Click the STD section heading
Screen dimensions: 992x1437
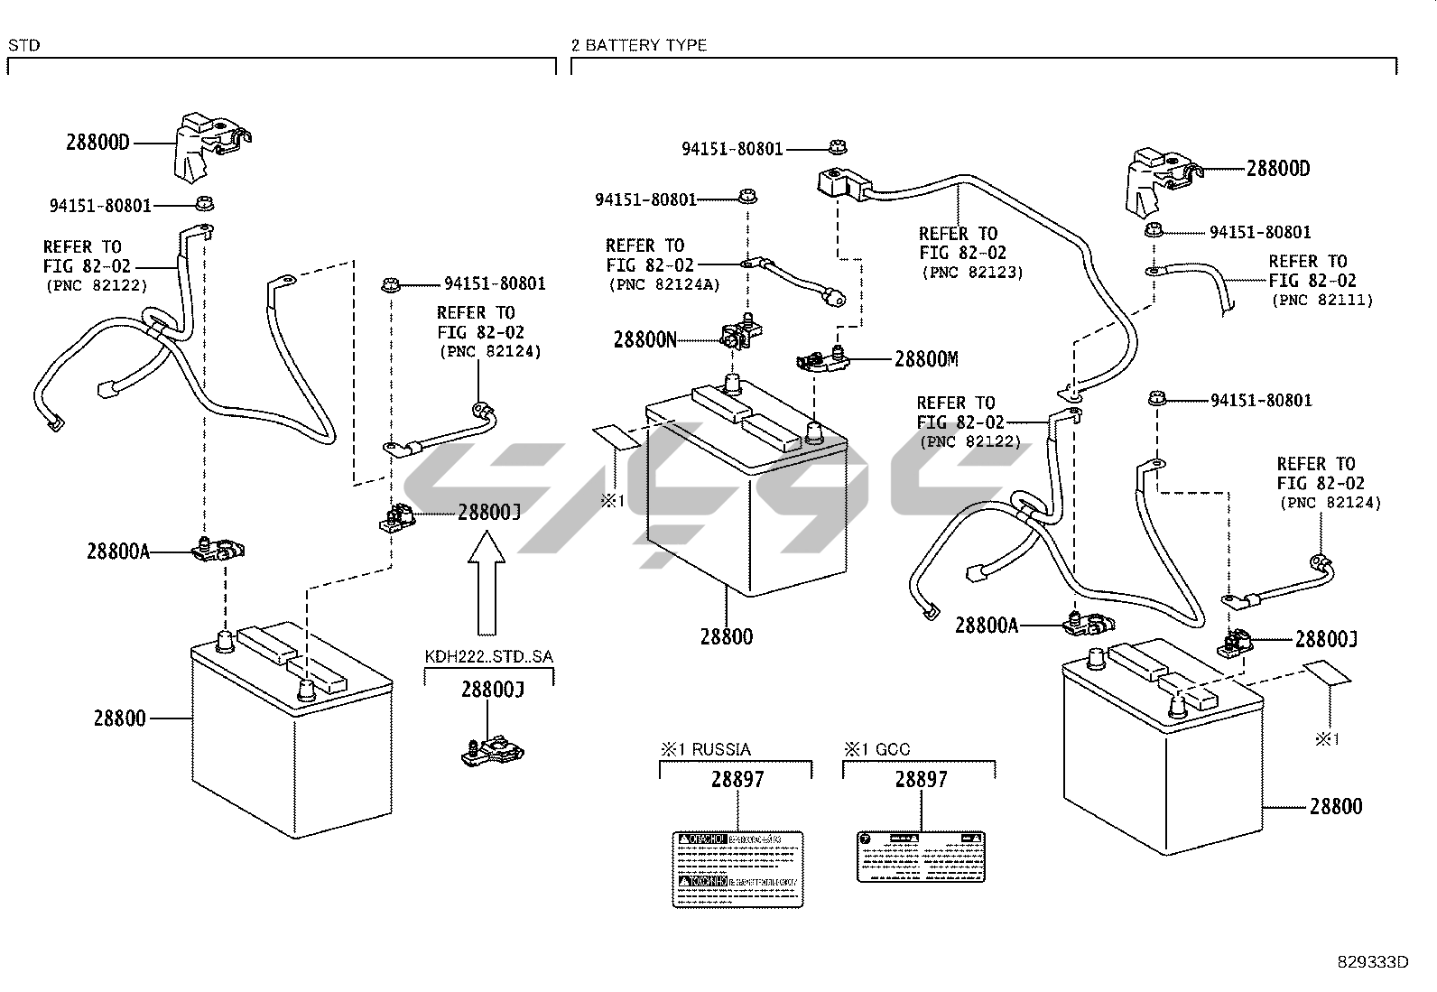tap(23, 45)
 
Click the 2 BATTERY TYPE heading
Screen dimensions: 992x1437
tap(639, 45)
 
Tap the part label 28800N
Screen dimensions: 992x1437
tap(644, 340)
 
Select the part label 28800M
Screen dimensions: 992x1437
tap(926, 359)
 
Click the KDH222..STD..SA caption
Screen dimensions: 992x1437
tap(488, 656)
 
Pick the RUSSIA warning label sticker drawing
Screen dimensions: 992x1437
tap(738, 867)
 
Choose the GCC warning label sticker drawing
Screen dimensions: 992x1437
tap(920, 856)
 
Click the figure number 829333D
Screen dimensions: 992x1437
tap(1373, 962)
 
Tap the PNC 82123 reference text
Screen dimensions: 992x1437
tap(972, 273)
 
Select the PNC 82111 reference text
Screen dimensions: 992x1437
tap(1321, 300)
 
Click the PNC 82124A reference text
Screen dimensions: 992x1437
tap(663, 285)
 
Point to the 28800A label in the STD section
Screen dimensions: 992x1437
tap(117, 551)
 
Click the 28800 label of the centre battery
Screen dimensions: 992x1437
tap(726, 637)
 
